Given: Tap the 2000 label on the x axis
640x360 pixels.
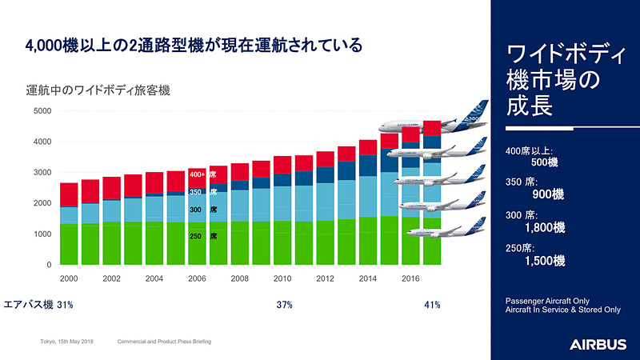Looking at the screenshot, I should click(x=70, y=278).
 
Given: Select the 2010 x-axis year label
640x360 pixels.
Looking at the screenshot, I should click(x=283, y=278).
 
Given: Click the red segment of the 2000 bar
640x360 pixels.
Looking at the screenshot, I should click(x=70, y=194).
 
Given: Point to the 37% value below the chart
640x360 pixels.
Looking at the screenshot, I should click(x=284, y=305).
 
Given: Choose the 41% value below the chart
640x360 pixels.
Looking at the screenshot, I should click(x=431, y=305).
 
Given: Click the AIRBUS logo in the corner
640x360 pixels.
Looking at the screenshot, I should click(x=598, y=344).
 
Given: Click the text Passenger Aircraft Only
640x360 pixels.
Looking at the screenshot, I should click(x=547, y=300).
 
